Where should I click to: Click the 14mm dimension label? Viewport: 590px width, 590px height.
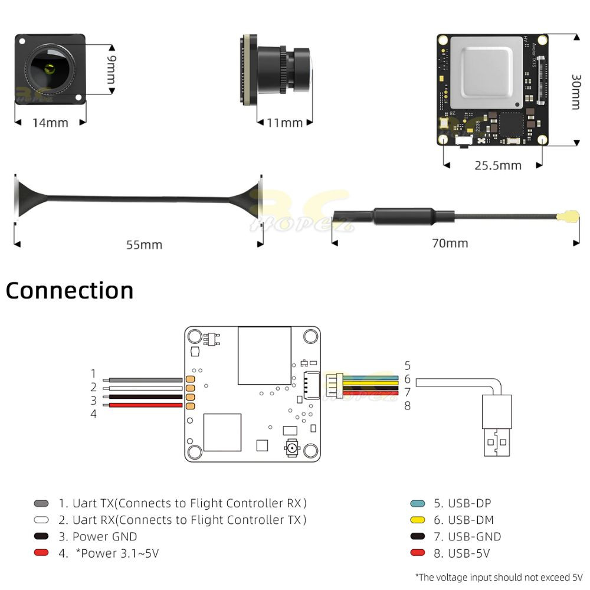[x=50, y=123]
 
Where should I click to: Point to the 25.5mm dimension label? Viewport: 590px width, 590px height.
[x=498, y=165]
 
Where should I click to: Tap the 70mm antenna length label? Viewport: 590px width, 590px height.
[x=450, y=243]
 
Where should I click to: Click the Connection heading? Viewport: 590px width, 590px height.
[x=70, y=290]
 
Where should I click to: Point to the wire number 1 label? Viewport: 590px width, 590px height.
[x=93, y=373]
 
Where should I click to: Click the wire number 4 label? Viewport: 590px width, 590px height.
[x=93, y=414]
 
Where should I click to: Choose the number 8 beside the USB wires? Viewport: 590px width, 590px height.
[x=407, y=405]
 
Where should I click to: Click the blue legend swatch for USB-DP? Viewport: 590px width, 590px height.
[x=418, y=503]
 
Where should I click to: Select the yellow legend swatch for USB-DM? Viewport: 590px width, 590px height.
[x=418, y=520]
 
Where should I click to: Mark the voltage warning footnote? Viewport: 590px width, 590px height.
[x=499, y=576]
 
